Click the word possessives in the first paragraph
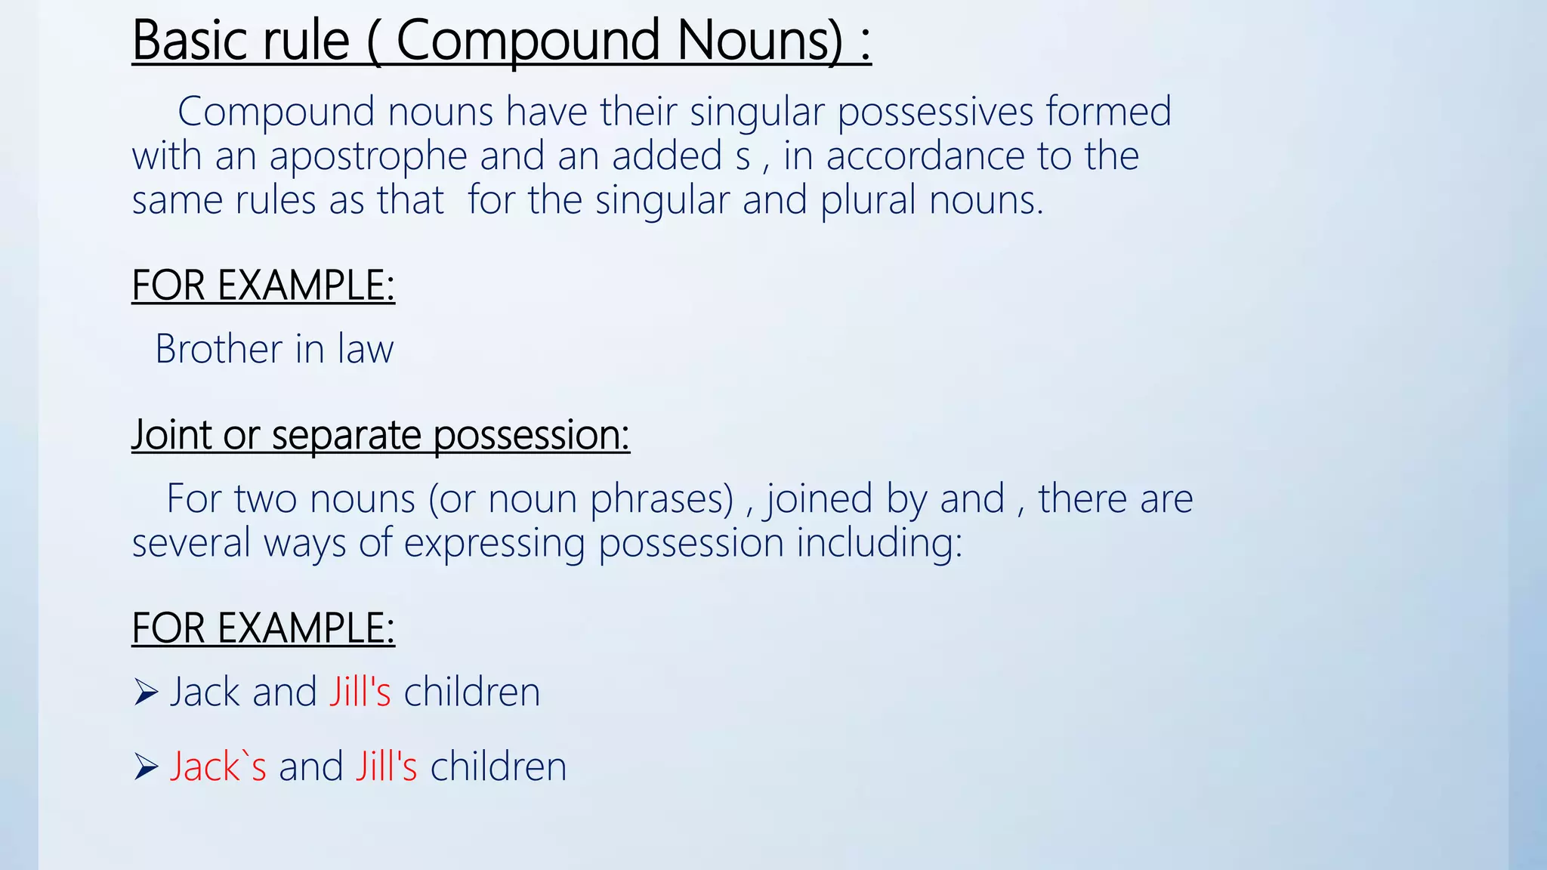tap(935, 113)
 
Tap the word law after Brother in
tap(366, 350)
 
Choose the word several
tap(191, 543)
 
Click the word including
tap(879, 543)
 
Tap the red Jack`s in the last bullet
tap(218, 767)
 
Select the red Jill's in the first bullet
tap(360, 692)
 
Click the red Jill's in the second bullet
tap(386, 767)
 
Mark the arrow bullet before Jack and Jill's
tap(145, 692)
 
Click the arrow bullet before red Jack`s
tap(145, 767)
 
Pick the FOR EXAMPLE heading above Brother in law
tap(263, 285)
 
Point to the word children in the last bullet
tap(499, 767)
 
